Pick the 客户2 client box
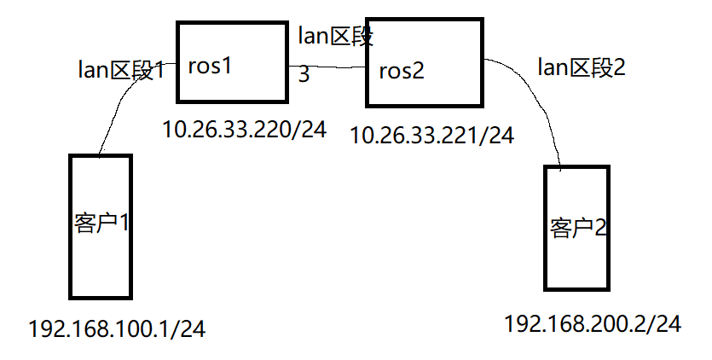[576, 228]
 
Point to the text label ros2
[402, 71]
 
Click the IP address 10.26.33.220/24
[245, 131]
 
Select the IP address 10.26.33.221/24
[432, 135]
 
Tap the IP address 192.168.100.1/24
[117, 328]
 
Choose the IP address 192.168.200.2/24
[593, 324]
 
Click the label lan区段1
[122, 70]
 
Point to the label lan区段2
[582, 67]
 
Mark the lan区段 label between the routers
[336, 37]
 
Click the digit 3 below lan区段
[304, 75]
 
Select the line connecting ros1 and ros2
[327, 67]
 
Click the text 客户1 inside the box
[101, 224]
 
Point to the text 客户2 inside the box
[577, 228]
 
